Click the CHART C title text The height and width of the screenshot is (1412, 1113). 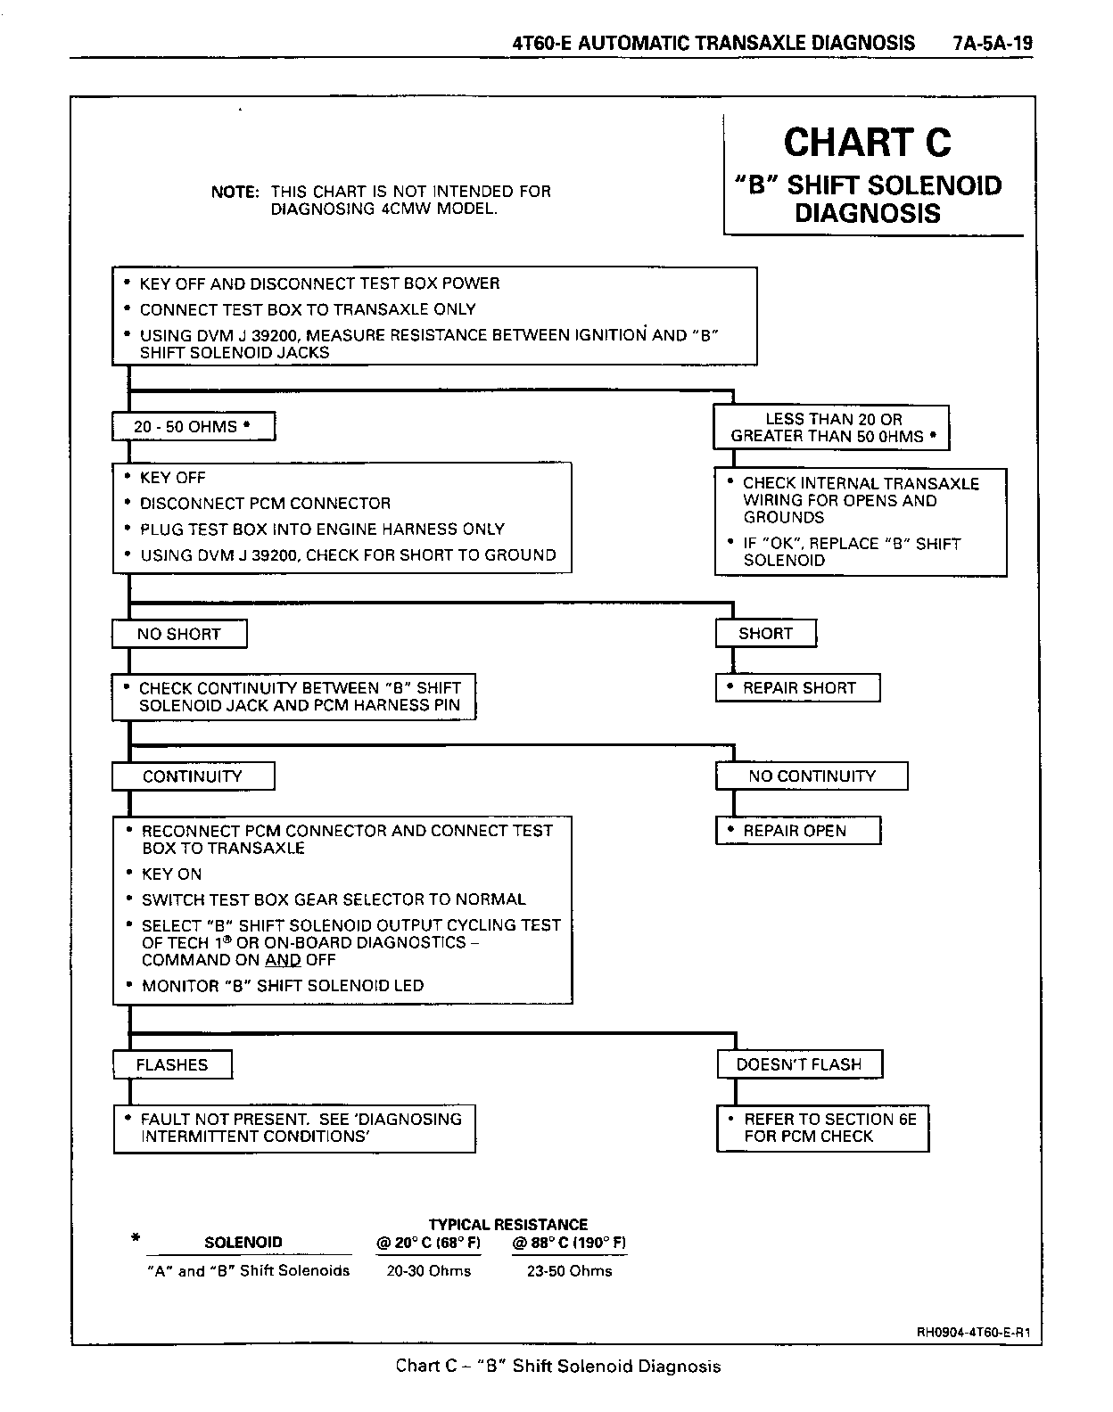point(867,143)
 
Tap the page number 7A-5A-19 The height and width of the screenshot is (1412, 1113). point(991,43)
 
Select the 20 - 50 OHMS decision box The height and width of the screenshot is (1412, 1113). point(193,427)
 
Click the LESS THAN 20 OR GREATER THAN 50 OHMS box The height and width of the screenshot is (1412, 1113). point(831,428)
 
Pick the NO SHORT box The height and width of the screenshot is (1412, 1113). point(179,634)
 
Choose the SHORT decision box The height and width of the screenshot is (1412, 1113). point(766,634)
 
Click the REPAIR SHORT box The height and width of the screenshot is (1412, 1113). point(798,688)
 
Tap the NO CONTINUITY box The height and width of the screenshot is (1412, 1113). point(812,776)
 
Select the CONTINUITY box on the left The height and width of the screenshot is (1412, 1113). point(193,776)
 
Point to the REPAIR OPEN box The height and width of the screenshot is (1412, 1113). point(798,831)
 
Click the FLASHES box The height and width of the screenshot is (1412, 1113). point(172,1065)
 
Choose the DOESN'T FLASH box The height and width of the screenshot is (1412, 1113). point(799,1064)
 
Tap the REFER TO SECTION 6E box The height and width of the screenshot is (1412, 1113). point(822,1128)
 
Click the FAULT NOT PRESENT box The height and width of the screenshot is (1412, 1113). point(294,1128)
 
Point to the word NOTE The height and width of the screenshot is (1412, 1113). point(235,192)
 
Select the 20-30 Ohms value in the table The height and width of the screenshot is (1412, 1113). point(429,1271)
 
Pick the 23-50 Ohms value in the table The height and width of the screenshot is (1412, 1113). point(570,1271)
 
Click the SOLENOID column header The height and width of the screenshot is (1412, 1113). point(243,1243)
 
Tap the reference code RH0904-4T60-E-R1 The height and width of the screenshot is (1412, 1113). point(974,1334)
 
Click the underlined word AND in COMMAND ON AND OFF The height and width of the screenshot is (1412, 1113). point(283,960)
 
